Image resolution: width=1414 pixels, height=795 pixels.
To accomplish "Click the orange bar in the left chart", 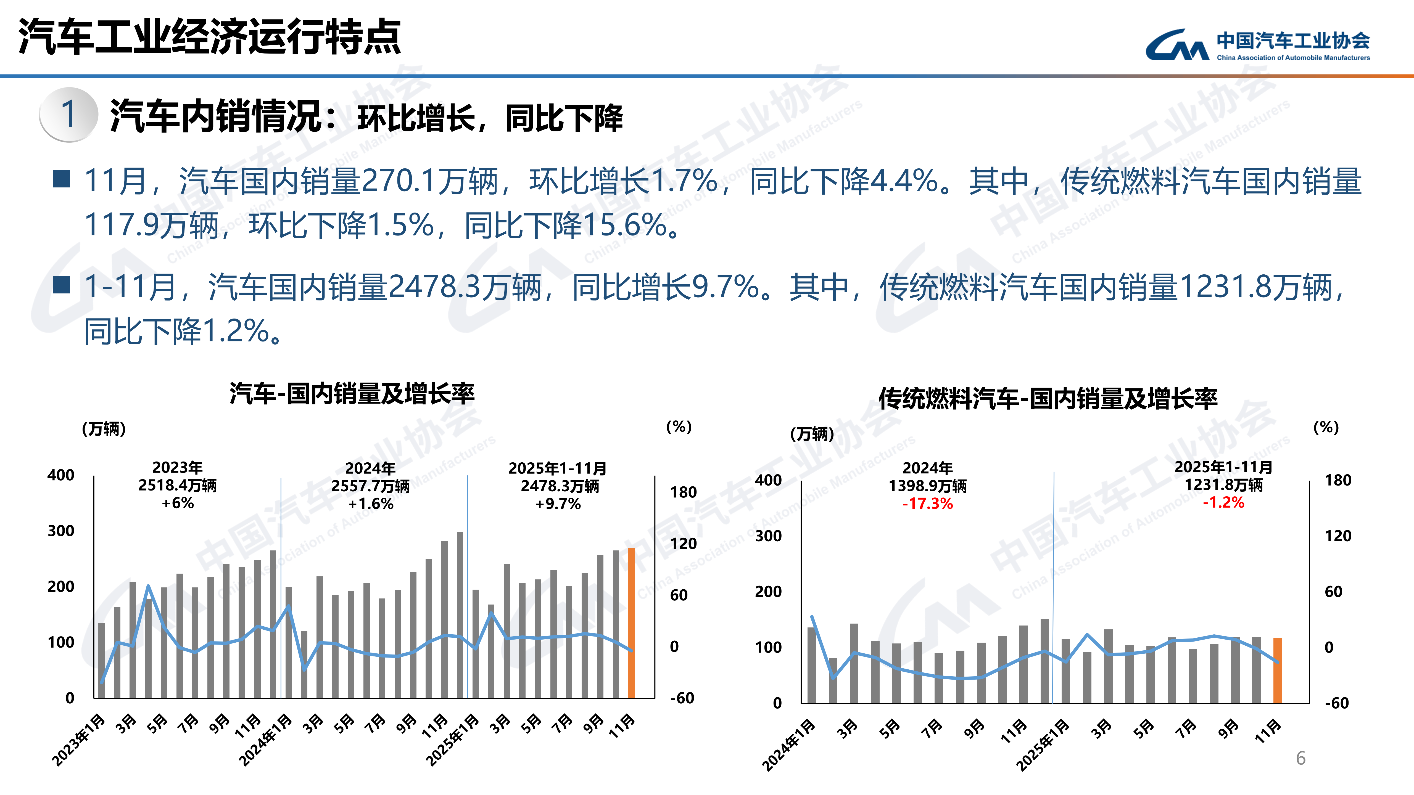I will coord(631,623).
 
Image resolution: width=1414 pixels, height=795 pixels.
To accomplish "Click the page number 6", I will coord(1300,758).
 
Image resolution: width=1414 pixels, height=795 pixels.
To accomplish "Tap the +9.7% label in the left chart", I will coord(558,504).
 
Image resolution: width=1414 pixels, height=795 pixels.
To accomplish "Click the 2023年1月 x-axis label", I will coord(78,741).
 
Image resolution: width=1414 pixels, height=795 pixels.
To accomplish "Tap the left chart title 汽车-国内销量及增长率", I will coord(352,394).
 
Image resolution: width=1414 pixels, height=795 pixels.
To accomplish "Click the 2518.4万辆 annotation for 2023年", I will coord(177,486).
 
